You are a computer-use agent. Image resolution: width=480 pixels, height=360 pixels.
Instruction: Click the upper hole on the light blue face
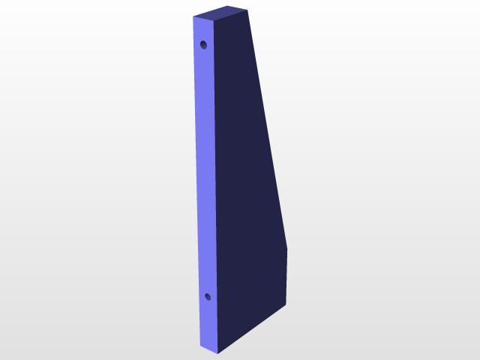point(203,45)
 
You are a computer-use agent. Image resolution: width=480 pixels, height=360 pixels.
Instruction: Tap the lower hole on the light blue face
point(208,298)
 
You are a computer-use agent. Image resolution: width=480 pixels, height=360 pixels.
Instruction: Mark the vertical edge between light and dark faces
point(216,187)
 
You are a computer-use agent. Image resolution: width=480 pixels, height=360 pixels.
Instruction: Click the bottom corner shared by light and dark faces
point(218,352)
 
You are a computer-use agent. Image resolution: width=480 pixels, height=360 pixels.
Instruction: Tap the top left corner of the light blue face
point(193,16)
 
